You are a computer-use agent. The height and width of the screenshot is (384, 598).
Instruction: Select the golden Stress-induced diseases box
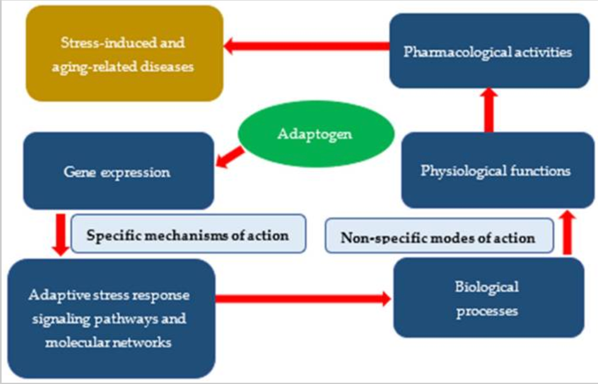coord(124,54)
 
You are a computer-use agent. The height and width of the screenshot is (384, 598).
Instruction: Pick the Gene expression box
coord(119,171)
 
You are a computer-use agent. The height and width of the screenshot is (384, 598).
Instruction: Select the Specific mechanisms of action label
coord(187,235)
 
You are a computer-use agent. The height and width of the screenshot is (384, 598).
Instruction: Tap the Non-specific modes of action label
coord(437,237)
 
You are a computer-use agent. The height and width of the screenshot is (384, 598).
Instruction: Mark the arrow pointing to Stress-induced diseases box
coord(307,45)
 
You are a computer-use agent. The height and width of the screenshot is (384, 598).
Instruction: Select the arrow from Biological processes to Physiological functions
coord(567,233)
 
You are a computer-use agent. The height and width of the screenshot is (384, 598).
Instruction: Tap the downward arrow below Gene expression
coord(60,234)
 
